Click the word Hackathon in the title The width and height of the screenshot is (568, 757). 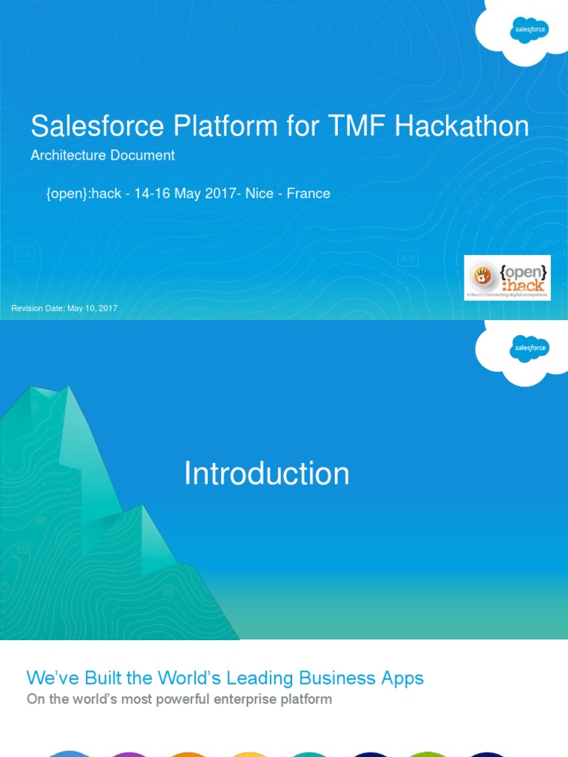[461, 126]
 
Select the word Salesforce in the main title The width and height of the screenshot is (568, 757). [97, 126]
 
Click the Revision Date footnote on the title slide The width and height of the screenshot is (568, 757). [64, 308]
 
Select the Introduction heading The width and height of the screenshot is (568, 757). [266, 473]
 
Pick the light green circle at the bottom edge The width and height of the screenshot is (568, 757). [428, 753]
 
